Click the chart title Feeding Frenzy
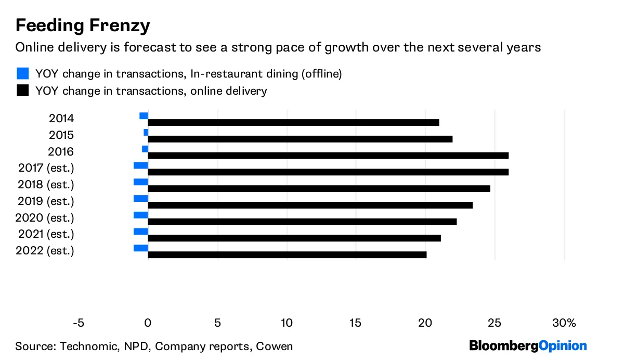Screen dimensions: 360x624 (83, 25)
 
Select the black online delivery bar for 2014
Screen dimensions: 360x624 (293, 123)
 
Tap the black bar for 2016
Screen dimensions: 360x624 (328, 156)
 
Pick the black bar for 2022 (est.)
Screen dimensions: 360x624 (287, 255)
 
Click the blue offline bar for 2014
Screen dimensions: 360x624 (144, 116)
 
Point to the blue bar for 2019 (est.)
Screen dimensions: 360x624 (140, 199)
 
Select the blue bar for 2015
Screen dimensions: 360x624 (146, 133)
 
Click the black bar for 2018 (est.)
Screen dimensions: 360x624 (319, 188)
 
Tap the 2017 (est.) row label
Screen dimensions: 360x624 (46, 168)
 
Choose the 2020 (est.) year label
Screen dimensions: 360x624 (46, 217)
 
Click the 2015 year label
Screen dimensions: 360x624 (61, 135)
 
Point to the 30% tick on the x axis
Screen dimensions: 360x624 (564, 323)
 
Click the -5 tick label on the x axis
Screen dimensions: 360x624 (78, 323)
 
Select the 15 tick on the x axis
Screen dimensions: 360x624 (355, 323)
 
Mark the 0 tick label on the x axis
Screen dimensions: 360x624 (148, 323)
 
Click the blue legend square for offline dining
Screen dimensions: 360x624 (22, 73)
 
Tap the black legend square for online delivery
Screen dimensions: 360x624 (22, 91)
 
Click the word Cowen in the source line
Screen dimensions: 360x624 (277, 346)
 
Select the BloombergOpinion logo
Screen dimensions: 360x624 (528, 346)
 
